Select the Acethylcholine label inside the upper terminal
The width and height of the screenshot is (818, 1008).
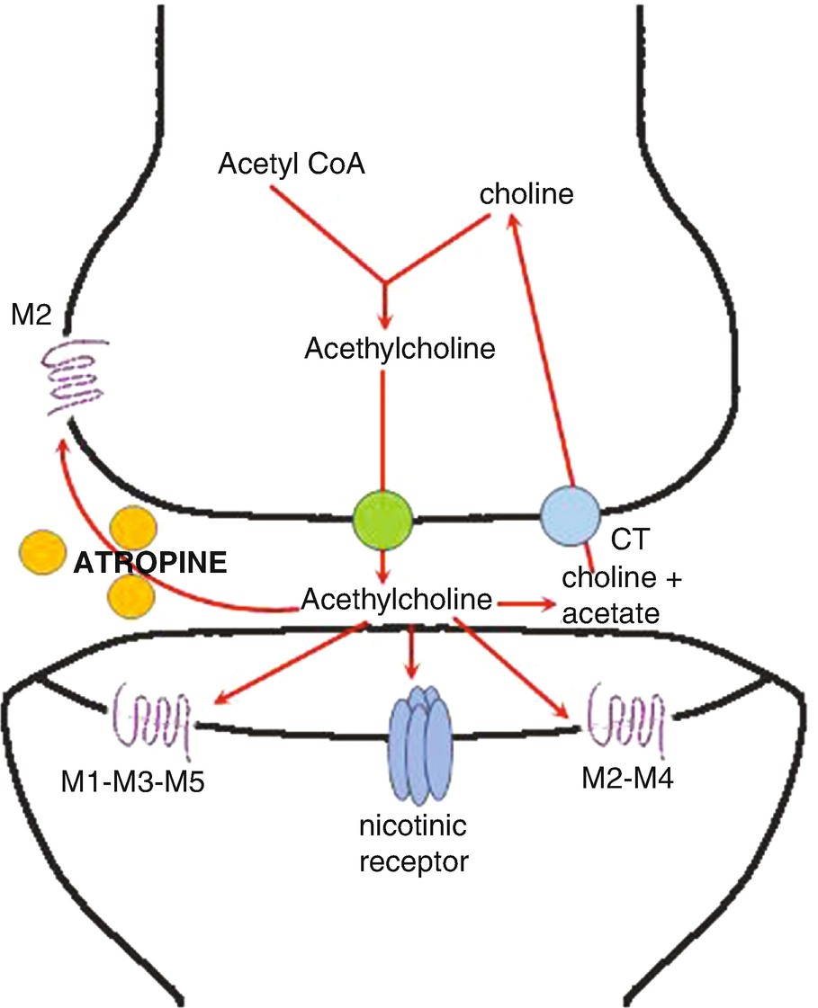[400, 349]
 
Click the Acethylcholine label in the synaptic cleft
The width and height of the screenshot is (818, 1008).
[400, 598]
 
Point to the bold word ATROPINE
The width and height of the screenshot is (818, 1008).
[148, 566]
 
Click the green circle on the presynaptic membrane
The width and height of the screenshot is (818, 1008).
[384, 518]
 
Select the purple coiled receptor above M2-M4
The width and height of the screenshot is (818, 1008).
[626, 716]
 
